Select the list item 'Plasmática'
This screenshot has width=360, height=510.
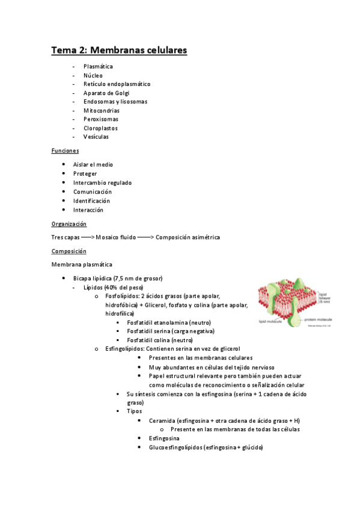98,67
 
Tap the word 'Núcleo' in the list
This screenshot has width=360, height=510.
93,76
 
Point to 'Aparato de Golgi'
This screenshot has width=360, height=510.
106,93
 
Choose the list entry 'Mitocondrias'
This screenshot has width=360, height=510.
102,111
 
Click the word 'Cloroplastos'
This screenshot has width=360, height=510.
100,128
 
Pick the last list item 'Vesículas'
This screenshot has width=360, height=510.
96,137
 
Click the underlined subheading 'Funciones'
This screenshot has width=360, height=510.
65,151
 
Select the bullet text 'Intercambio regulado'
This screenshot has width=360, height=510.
102,183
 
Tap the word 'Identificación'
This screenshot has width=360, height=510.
91,201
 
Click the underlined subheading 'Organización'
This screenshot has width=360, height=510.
69,224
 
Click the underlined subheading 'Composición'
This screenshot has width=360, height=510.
69,251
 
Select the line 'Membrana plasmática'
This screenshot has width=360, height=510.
82,265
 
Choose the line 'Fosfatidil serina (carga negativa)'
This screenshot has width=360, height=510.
170,331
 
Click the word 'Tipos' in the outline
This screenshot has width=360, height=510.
134,411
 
